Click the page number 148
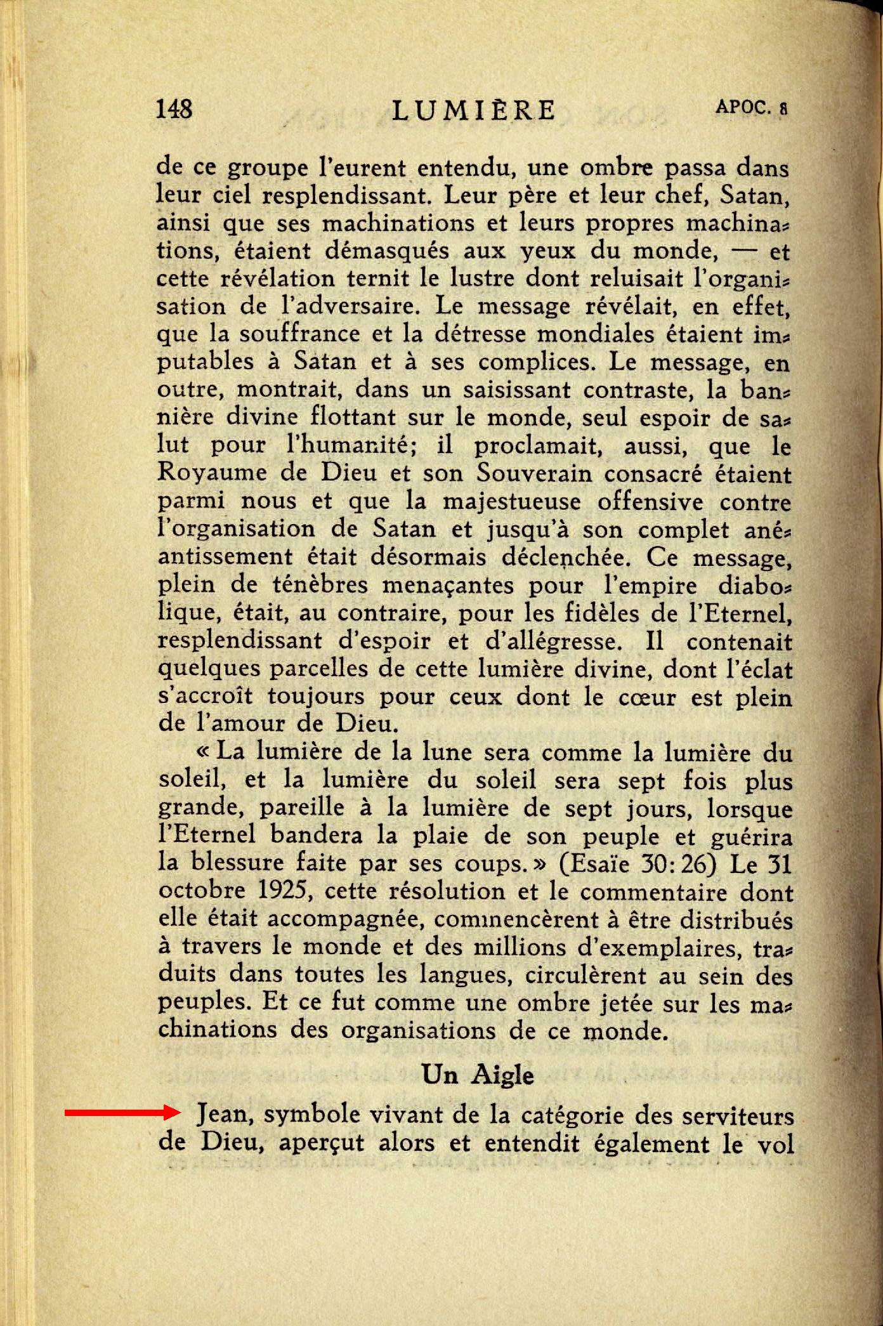click(x=174, y=109)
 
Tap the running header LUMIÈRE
click(x=473, y=110)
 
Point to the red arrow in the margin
click(x=121, y=1112)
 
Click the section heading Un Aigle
click(x=477, y=1074)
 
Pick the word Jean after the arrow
click(x=225, y=1115)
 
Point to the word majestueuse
click(x=511, y=502)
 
